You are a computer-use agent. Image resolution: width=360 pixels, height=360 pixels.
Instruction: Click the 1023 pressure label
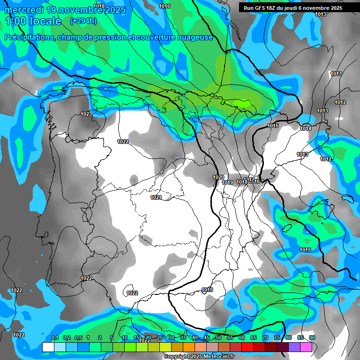click(x=86, y=114)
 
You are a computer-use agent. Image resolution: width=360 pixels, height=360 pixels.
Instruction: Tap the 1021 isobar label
click(x=156, y=198)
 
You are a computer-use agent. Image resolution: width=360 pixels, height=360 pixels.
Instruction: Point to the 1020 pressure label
click(x=218, y=177)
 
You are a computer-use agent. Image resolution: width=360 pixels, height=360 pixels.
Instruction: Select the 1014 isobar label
click(x=306, y=128)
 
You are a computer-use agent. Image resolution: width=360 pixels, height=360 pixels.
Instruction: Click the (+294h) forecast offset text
click(x=83, y=21)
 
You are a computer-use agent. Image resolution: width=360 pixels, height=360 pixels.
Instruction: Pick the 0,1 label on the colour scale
click(x=54, y=338)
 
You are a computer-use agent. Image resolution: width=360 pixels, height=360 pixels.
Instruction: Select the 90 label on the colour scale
click(x=312, y=338)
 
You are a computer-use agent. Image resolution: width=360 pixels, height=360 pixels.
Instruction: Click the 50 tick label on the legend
click(x=218, y=338)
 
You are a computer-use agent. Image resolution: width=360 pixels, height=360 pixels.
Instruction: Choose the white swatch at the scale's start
click(x=48, y=347)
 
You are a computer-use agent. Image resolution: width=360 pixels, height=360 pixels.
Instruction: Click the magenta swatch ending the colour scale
click(x=306, y=347)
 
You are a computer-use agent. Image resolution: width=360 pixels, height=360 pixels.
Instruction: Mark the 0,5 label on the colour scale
click(x=78, y=338)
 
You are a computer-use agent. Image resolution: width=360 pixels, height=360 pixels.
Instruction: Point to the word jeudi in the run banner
click(x=300, y=8)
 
